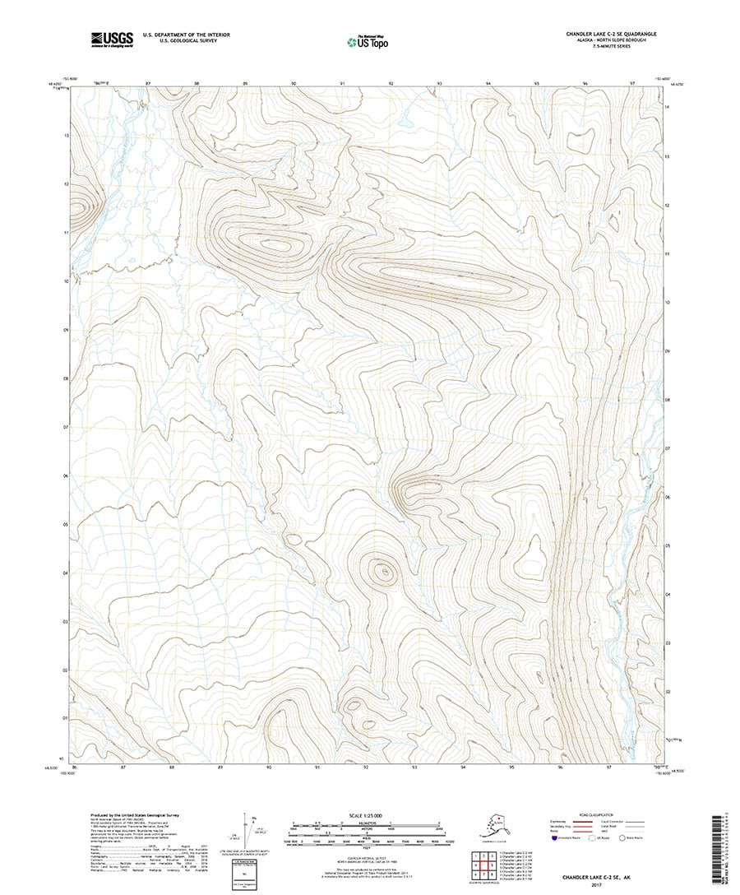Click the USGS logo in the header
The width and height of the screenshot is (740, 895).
[x=113, y=37]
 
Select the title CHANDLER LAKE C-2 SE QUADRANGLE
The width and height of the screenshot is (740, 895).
[x=616, y=33]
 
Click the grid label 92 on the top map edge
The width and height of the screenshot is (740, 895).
[x=391, y=84]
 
